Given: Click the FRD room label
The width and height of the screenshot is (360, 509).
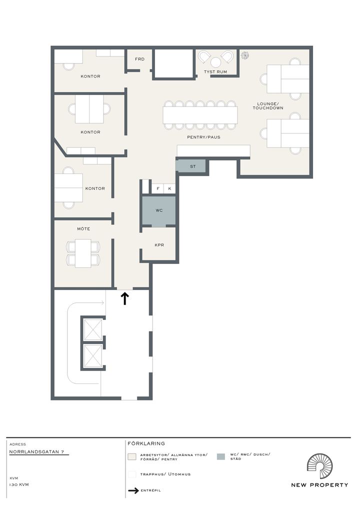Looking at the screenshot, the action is [x=139, y=59].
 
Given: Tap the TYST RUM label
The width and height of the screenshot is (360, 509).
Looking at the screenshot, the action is [x=215, y=71].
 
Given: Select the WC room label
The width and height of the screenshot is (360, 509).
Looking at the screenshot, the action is [x=159, y=210].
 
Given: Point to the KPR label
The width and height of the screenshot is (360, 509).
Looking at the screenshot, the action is [x=159, y=245].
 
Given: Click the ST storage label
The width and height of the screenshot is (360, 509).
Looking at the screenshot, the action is [x=193, y=166].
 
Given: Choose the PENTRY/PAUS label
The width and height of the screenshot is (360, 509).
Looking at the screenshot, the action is [x=203, y=137].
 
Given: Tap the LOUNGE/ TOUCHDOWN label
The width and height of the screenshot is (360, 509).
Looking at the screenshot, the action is [x=268, y=106].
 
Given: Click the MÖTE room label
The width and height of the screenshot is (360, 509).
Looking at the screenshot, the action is [x=83, y=229].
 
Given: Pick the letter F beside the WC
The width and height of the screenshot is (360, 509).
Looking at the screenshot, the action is [x=158, y=188].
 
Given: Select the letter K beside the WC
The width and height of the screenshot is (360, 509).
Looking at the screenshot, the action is [x=169, y=188].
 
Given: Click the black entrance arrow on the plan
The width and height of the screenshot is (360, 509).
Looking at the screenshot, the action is [x=125, y=298].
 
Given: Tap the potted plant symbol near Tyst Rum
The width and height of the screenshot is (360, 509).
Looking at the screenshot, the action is [x=244, y=55].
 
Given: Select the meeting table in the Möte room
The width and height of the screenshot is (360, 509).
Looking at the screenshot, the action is [x=83, y=253].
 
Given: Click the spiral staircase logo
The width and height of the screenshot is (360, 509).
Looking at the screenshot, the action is [x=319, y=466].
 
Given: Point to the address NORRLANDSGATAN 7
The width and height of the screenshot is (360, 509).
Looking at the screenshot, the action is [x=36, y=452].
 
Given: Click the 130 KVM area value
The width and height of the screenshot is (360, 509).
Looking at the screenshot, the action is [x=19, y=484].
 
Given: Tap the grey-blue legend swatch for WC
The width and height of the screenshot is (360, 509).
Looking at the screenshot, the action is [x=220, y=456].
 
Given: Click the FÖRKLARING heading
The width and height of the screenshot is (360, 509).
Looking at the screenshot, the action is [x=146, y=443].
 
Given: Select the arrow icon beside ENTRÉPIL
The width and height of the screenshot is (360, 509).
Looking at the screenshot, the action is [x=133, y=490].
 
